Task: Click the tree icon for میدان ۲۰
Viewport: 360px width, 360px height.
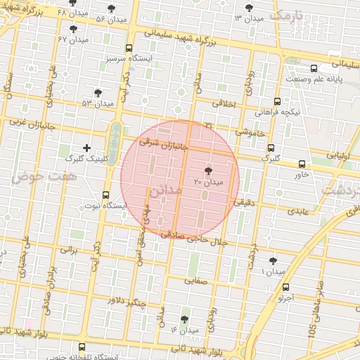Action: [x=208, y=171]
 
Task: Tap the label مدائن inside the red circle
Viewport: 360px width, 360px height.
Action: [x=165, y=190]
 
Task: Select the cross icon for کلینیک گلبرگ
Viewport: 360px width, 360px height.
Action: [x=86, y=148]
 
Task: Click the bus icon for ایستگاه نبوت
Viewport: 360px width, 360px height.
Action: [x=106, y=195]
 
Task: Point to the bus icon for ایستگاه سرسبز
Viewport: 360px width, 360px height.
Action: [x=128, y=49]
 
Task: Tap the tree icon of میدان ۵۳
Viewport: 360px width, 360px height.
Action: [x=98, y=92]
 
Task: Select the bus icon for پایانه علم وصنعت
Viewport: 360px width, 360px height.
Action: [x=314, y=68]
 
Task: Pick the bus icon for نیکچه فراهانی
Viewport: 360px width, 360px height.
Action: [x=278, y=101]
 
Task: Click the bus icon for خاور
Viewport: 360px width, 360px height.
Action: [x=302, y=163]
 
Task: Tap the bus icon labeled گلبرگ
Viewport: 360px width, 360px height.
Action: [x=271, y=147]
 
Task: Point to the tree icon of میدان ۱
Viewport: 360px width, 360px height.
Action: [x=273, y=261]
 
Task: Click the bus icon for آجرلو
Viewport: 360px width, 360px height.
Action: [x=285, y=287]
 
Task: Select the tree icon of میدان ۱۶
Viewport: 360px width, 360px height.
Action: [x=185, y=319]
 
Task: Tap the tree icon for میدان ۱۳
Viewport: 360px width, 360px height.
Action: [x=248, y=8]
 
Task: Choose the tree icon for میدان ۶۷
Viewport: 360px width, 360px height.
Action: [x=74, y=29]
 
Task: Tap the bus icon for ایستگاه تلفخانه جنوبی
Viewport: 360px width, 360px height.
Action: [x=82, y=347]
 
